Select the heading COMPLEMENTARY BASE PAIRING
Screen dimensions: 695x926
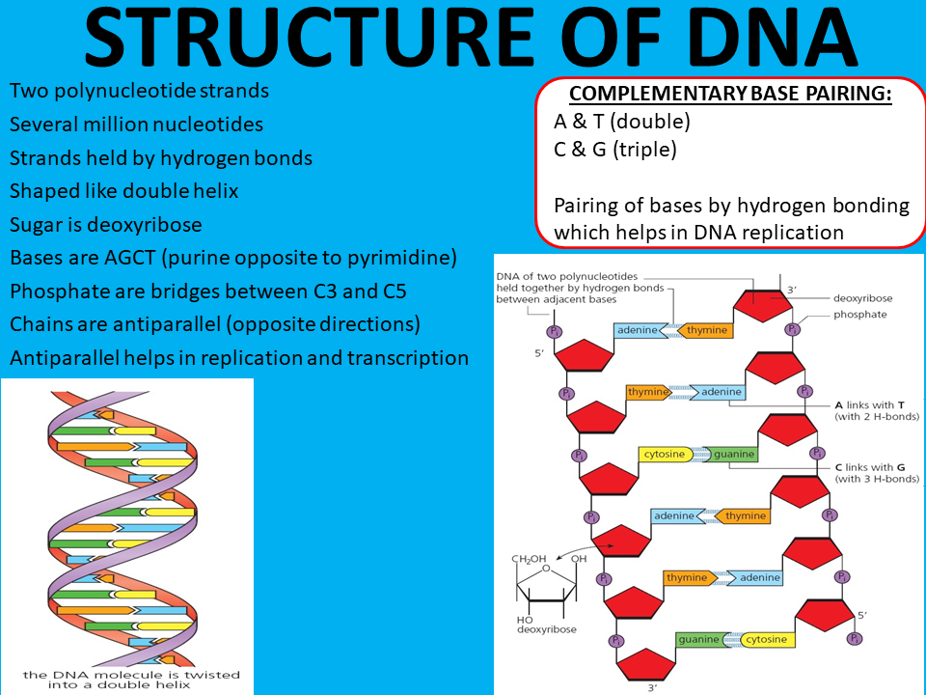(x=730, y=94)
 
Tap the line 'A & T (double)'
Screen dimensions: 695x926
(x=622, y=122)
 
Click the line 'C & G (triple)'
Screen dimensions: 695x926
(x=615, y=150)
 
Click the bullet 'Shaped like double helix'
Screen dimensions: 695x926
(x=123, y=191)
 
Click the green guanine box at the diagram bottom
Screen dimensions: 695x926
(x=698, y=639)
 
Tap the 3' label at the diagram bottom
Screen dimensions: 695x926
(x=652, y=686)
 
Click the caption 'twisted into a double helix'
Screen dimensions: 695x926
(x=131, y=681)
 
